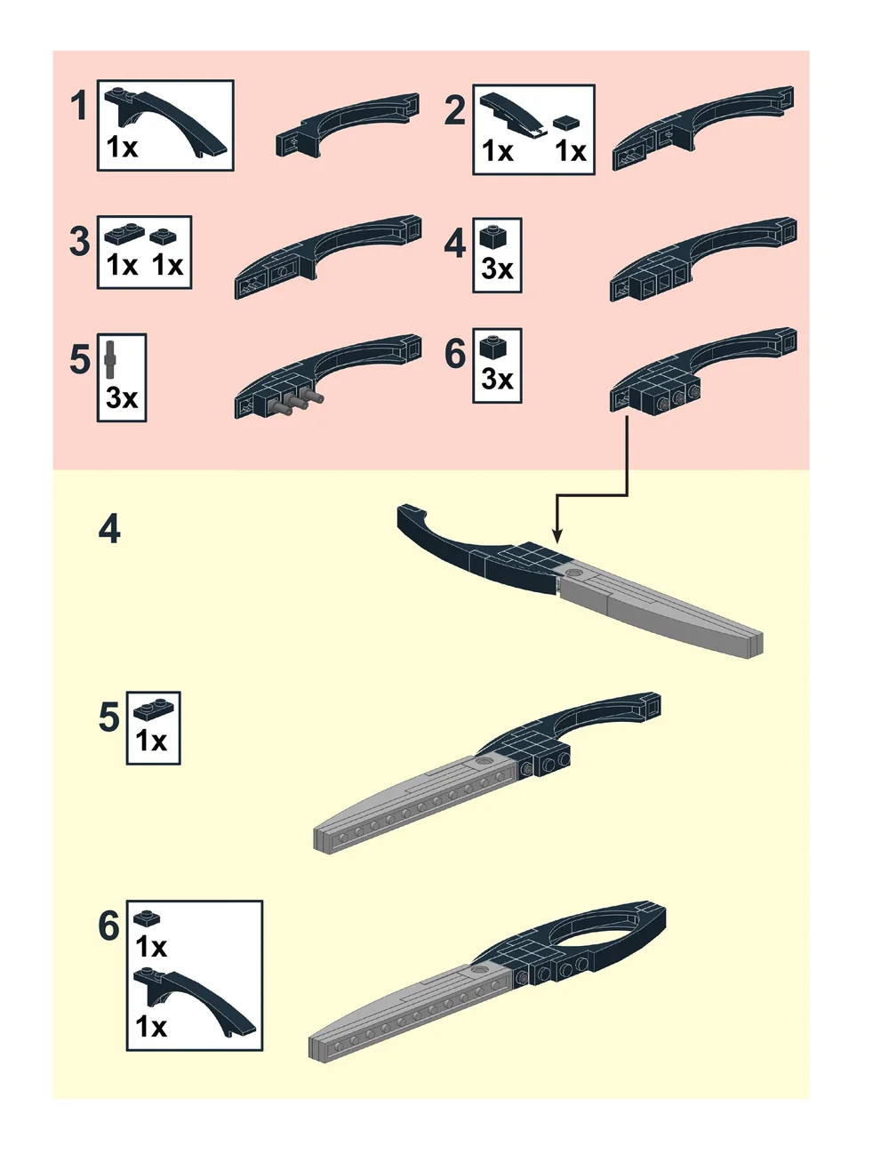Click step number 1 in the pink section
(79, 105)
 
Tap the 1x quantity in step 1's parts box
(122, 148)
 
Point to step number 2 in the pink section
(455, 111)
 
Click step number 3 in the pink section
(79, 242)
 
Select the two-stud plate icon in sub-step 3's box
(124, 235)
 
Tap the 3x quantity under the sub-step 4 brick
(497, 269)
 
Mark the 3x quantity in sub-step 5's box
(122, 397)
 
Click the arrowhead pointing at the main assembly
(557, 535)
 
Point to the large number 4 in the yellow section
(109, 529)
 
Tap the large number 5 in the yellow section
(108, 717)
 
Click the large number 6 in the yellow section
(108, 926)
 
